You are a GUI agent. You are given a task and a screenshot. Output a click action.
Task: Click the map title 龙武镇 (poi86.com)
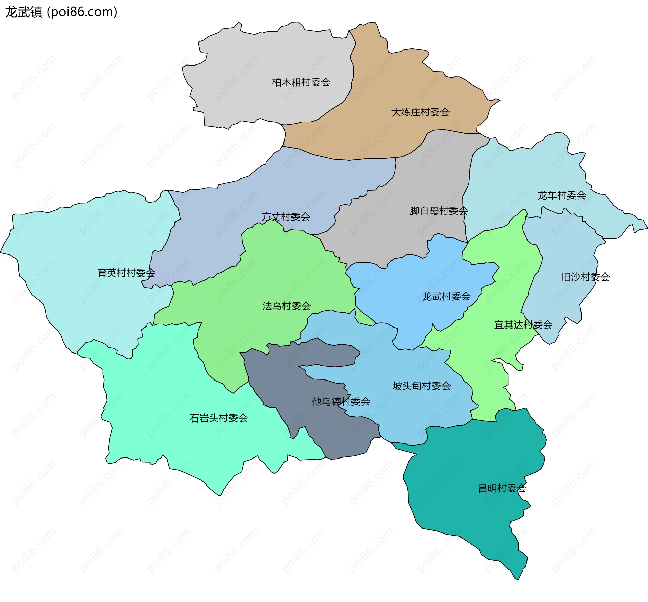[61, 12]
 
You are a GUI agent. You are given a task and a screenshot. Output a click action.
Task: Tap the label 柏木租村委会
[301, 82]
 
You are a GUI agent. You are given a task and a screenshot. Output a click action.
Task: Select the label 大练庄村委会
[420, 112]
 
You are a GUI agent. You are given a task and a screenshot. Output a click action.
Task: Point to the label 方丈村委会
[286, 217]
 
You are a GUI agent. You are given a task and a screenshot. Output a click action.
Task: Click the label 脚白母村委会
[439, 211]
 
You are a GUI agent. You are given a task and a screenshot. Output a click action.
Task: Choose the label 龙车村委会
[562, 195]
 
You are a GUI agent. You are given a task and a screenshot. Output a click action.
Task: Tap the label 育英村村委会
[126, 273]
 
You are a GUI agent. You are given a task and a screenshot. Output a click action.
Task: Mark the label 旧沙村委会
[585, 277]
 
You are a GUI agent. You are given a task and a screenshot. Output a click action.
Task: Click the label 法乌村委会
[287, 306]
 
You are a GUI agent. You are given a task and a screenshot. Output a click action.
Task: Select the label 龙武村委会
[446, 296]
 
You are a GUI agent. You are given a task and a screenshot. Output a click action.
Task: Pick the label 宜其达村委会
[523, 325]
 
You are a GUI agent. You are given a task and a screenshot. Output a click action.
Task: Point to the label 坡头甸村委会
[422, 386]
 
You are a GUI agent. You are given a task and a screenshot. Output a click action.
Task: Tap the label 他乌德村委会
[341, 401]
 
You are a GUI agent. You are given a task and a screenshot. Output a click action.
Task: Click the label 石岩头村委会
[219, 418]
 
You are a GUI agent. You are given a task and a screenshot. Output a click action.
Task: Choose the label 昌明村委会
[502, 488]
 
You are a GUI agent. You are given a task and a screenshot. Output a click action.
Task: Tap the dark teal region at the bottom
[473, 466]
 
